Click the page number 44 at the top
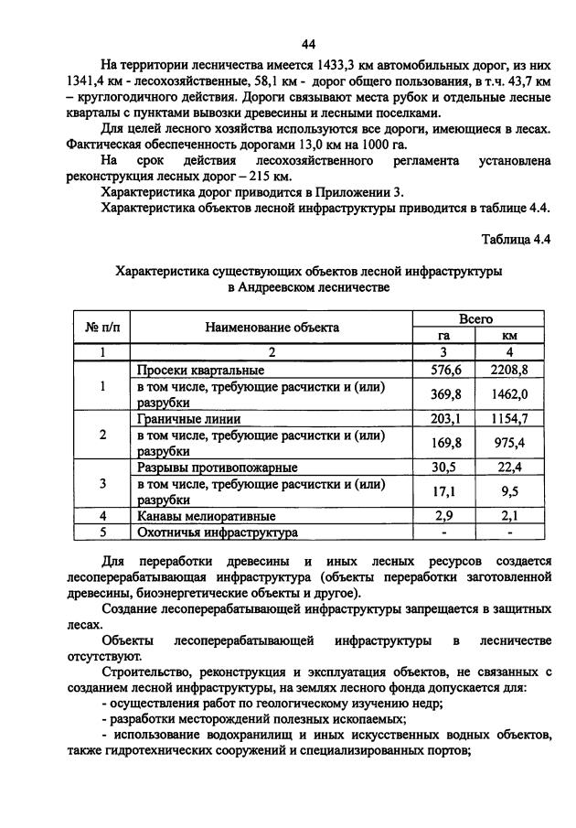pos(307,44)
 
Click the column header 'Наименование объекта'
pos(272,327)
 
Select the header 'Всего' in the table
pos(475,318)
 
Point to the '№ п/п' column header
pos(101,327)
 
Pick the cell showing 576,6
pos(444,370)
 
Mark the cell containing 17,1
pos(444,491)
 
